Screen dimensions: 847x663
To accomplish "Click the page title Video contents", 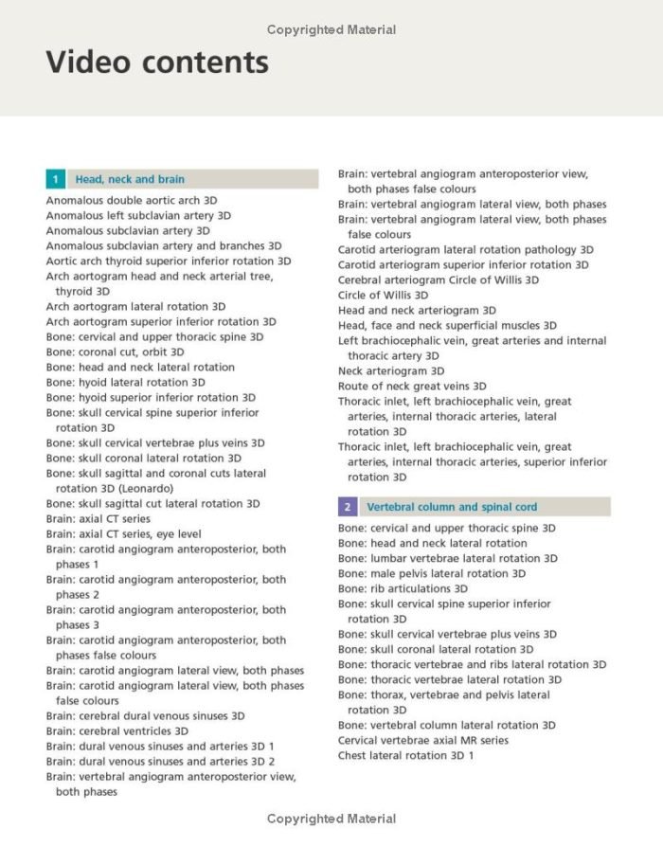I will (x=157, y=63).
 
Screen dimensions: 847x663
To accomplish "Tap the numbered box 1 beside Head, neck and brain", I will (x=56, y=179).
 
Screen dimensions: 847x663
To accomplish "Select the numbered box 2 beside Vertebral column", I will (x=348, y=507).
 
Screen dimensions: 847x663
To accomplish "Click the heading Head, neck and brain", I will (x=130, y=179).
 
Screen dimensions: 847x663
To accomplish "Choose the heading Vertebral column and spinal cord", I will (x=452, y=507).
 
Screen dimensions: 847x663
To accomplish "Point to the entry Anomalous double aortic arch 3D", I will (x=132, y=201).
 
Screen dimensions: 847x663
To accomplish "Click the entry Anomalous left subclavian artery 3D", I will (x=138, y=216).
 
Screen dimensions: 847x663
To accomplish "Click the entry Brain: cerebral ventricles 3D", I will (x=117, y=731).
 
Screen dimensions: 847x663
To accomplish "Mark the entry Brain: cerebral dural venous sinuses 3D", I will (x=145, y=716).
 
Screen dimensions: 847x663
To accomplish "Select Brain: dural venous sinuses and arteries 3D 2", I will (x=160, y=762).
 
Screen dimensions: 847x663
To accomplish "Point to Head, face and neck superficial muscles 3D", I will (x=447, y=326).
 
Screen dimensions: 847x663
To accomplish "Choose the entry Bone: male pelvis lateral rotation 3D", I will (x=432, y=574).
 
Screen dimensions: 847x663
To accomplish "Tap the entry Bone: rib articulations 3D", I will (x=403, y=589).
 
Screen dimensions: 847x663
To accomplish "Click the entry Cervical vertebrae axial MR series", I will (x=423, y=741).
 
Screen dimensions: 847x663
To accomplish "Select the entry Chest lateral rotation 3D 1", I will (x=405, y=756).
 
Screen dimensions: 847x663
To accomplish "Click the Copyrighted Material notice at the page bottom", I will (x=331, y=820).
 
